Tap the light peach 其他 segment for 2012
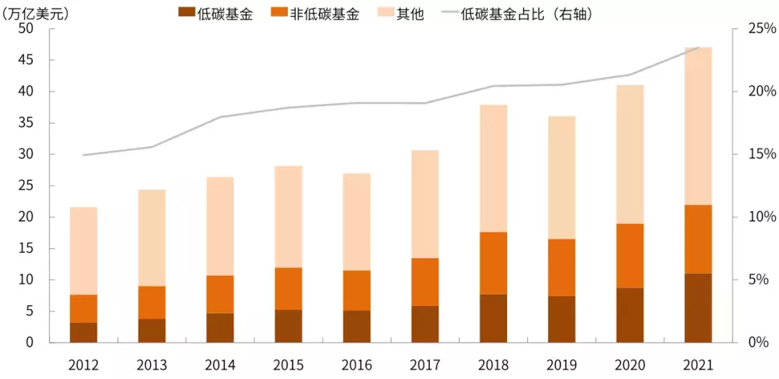[83, 251]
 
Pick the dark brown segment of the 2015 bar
[289, 326]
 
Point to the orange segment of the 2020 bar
[630, 255]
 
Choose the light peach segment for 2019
[562, 178]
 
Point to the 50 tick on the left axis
[26, 29]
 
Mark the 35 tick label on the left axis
[26, 123]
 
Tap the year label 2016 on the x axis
[357, 365]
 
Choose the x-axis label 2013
[151, 365]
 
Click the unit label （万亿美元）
[36, 13]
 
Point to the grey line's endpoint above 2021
[698, 48]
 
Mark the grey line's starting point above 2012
[83, 155]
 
